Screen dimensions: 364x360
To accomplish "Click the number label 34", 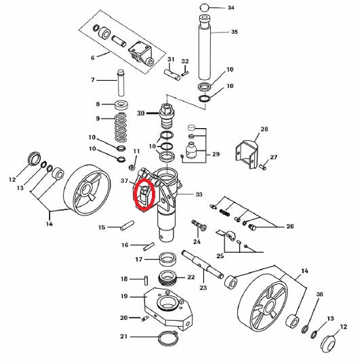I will pyautogui.click(x=231, y=8).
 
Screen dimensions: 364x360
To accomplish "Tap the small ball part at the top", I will pyautogui.click(x=203, y=8).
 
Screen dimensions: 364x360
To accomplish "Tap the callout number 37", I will pyautogui.click(x=125, y=181).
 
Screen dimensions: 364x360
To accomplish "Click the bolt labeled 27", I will pyautogui.click(x=262, y=165).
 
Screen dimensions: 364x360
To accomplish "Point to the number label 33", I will pyautogui.click(x=199, y=195).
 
